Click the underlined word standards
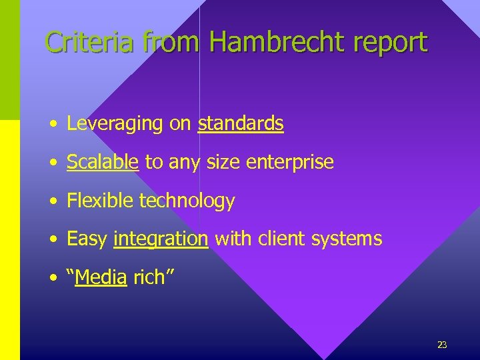click(x=241, y=123)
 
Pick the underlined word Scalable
click(x=103, y=162)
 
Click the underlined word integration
click(x=161, y=239)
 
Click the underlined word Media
click(x=101, y=277)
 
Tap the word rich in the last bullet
click(x=149, y=277)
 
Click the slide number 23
click(x=442, y=345)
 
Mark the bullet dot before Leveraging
click(x=52, y=125)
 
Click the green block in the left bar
click(x=10, y=60)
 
